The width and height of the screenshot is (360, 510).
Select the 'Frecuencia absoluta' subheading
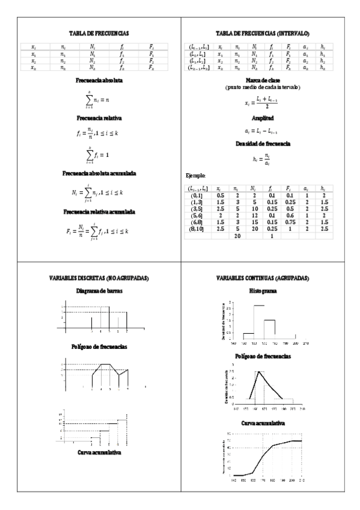pos(91,80)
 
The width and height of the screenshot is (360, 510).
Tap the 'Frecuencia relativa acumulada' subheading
pos(91,212)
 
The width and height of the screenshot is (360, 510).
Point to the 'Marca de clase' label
pos(270,80)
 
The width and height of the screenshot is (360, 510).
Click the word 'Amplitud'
pos(270,118)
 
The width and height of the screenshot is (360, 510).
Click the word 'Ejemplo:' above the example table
pos(197,176)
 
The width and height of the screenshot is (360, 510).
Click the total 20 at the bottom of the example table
pos(237,236)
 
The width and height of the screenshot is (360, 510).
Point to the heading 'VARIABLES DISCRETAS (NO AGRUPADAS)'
pos(91,278)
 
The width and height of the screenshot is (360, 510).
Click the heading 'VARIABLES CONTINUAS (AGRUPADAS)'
pos(270,278)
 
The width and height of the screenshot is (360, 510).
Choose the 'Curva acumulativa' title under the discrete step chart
pos(91,452)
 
